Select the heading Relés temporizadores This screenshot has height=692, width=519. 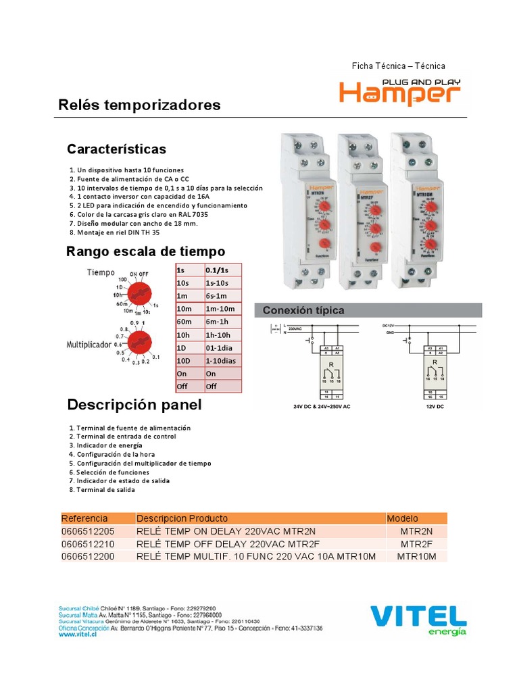pyautogui.click(x=140, y=105)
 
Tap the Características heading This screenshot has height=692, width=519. pyautogui.click(x=116, y=149)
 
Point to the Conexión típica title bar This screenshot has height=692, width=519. pyautogui.click(x=368, y=310)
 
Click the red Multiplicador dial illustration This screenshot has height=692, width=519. pyautogui.click(x=140, y=343)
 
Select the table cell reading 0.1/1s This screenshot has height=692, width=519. pyautogui.click(x=222, y=270)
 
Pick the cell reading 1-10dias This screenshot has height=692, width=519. pyautogui.click(x=222, y=361)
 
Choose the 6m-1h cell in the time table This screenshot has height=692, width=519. pyautogui.click(x=222, y=321)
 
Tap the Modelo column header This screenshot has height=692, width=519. pyautogui.click(x=403, y=518)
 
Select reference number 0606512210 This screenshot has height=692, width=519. pyautogui.click(x=88, y=544)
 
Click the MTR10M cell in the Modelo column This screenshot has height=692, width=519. pyautogui.click(x=416, y=556)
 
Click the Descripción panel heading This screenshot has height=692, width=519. pyautogui.click(x=134, y=405)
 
